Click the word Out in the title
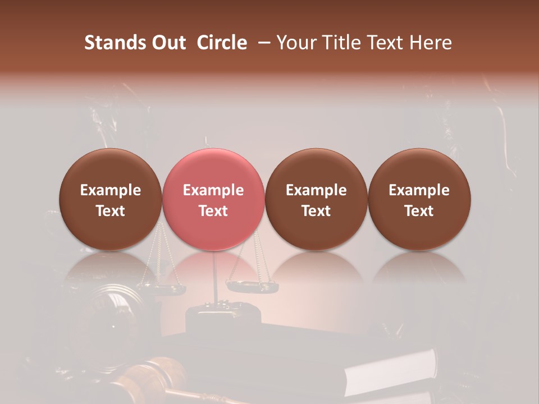[168, 43]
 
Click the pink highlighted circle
[213, 199]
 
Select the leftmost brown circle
[111, 199]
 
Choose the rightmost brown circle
[419, 199]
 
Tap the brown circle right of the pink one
[316, 199]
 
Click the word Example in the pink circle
[213, 190]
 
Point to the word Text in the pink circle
[213, 211]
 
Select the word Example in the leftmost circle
[111, 190]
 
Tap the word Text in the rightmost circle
[419, 211]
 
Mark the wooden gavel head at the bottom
[154, 373]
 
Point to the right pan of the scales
[253, 286]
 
